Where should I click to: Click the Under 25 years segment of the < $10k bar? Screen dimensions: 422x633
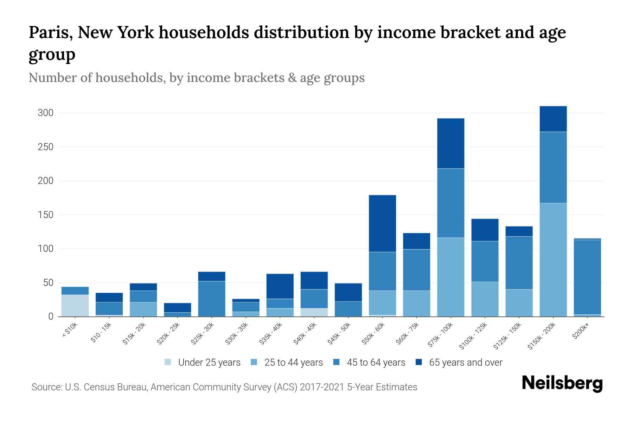tap(75, 305)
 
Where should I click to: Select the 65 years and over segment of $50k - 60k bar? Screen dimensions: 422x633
tap(382, 223)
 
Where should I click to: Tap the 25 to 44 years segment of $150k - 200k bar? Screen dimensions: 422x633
tap(553, 260)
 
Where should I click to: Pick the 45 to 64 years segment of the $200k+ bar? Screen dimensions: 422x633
tap(587, 277)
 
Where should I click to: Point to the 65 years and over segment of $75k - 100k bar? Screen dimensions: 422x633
tap(450, 143)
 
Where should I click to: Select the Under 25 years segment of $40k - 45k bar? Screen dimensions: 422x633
tap(314, 312)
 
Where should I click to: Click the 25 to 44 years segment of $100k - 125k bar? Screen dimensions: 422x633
tap(485, 299)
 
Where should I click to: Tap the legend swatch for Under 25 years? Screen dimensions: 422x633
tap(168, 362)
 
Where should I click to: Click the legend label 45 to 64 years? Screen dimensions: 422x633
tap(376, 363)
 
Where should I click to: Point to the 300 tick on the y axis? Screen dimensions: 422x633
tap(46, 113)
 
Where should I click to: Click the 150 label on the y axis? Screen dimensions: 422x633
tap(46, 215)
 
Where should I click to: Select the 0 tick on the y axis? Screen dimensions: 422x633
tap(51, 316)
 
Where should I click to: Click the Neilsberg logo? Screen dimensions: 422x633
tap(562, 383)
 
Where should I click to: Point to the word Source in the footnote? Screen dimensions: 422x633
tap(46, 387)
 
